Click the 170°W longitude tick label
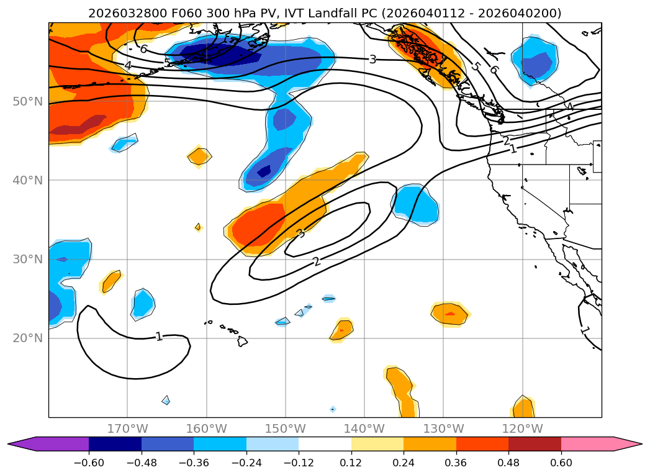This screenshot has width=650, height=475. pos(127,428)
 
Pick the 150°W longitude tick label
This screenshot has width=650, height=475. pos(286,428)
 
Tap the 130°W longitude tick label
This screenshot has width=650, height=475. pos(443,428)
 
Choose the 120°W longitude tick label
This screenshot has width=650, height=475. pos(522,428)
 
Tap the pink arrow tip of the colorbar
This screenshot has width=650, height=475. pos(636,443)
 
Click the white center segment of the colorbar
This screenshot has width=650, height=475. pos(325,443)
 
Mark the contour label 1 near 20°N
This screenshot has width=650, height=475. pos(159,337)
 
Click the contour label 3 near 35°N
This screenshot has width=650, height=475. pos(300,233)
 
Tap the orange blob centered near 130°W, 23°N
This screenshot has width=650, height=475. pos(450,314)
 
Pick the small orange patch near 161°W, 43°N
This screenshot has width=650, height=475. pos(199,156)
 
